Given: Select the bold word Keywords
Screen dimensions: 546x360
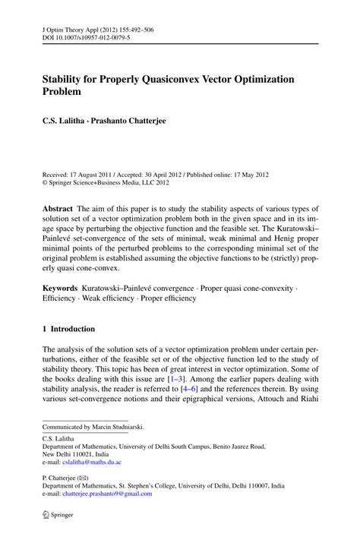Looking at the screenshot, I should click(61, 289).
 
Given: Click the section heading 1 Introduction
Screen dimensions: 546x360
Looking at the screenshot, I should click(68, 329).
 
